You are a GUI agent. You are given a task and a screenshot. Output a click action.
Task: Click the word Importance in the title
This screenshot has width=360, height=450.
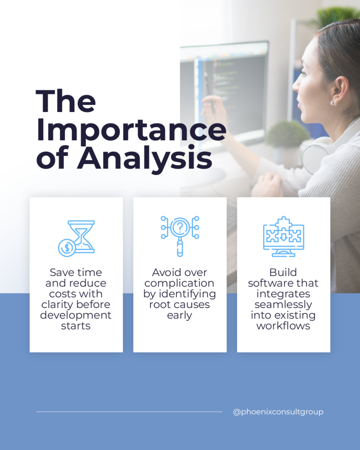131,131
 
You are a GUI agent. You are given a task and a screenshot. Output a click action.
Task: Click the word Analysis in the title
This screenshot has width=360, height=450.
145,158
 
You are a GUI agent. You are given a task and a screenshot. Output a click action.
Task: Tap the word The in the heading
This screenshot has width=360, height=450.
66,101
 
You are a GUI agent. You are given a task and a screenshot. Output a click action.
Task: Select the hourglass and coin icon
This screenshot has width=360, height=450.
76,239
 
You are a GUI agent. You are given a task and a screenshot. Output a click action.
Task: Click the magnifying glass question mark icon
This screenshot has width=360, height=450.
180,236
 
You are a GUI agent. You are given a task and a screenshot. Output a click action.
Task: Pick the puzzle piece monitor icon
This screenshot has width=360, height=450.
284,236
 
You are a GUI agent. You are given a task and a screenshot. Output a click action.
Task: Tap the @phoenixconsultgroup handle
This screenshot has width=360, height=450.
278,412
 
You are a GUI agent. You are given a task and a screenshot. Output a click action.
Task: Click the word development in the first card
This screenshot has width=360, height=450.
76,315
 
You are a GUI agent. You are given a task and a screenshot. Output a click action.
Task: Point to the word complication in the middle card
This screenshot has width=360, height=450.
179,283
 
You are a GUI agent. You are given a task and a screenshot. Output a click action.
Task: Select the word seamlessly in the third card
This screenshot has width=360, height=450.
284,305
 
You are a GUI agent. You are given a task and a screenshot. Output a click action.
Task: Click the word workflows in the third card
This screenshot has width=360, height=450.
284,326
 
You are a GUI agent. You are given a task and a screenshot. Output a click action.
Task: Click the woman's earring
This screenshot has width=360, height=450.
332,103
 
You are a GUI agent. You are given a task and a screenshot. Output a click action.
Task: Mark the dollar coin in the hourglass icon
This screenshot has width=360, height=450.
67,248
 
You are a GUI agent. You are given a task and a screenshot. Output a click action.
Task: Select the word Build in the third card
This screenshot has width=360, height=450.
283,272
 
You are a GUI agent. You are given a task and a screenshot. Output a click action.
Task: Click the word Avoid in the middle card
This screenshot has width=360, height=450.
166,272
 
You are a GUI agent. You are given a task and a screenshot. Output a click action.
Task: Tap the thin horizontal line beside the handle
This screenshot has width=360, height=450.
129,412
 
